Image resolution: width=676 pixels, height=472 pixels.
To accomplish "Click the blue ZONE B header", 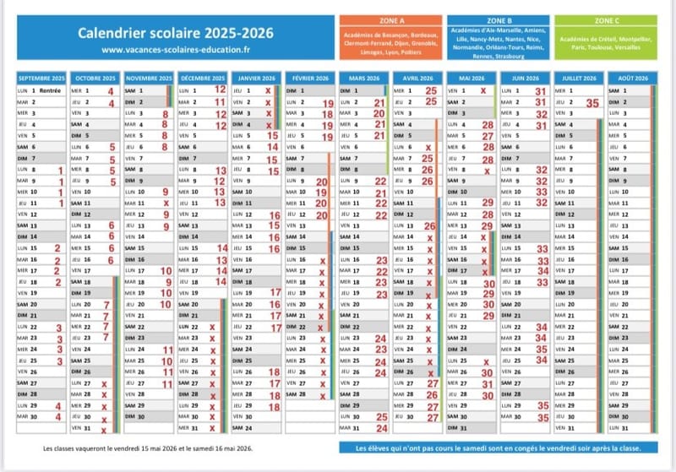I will (x=499, y=19).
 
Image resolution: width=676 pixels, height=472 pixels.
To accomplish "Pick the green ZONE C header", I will (x=607, y=19).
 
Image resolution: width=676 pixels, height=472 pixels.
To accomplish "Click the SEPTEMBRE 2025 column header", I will (x=41, y=78).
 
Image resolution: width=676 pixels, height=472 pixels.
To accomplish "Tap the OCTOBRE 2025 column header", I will (x=95, y=78).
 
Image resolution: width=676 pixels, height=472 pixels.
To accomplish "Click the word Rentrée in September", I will (x=52, y=90).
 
